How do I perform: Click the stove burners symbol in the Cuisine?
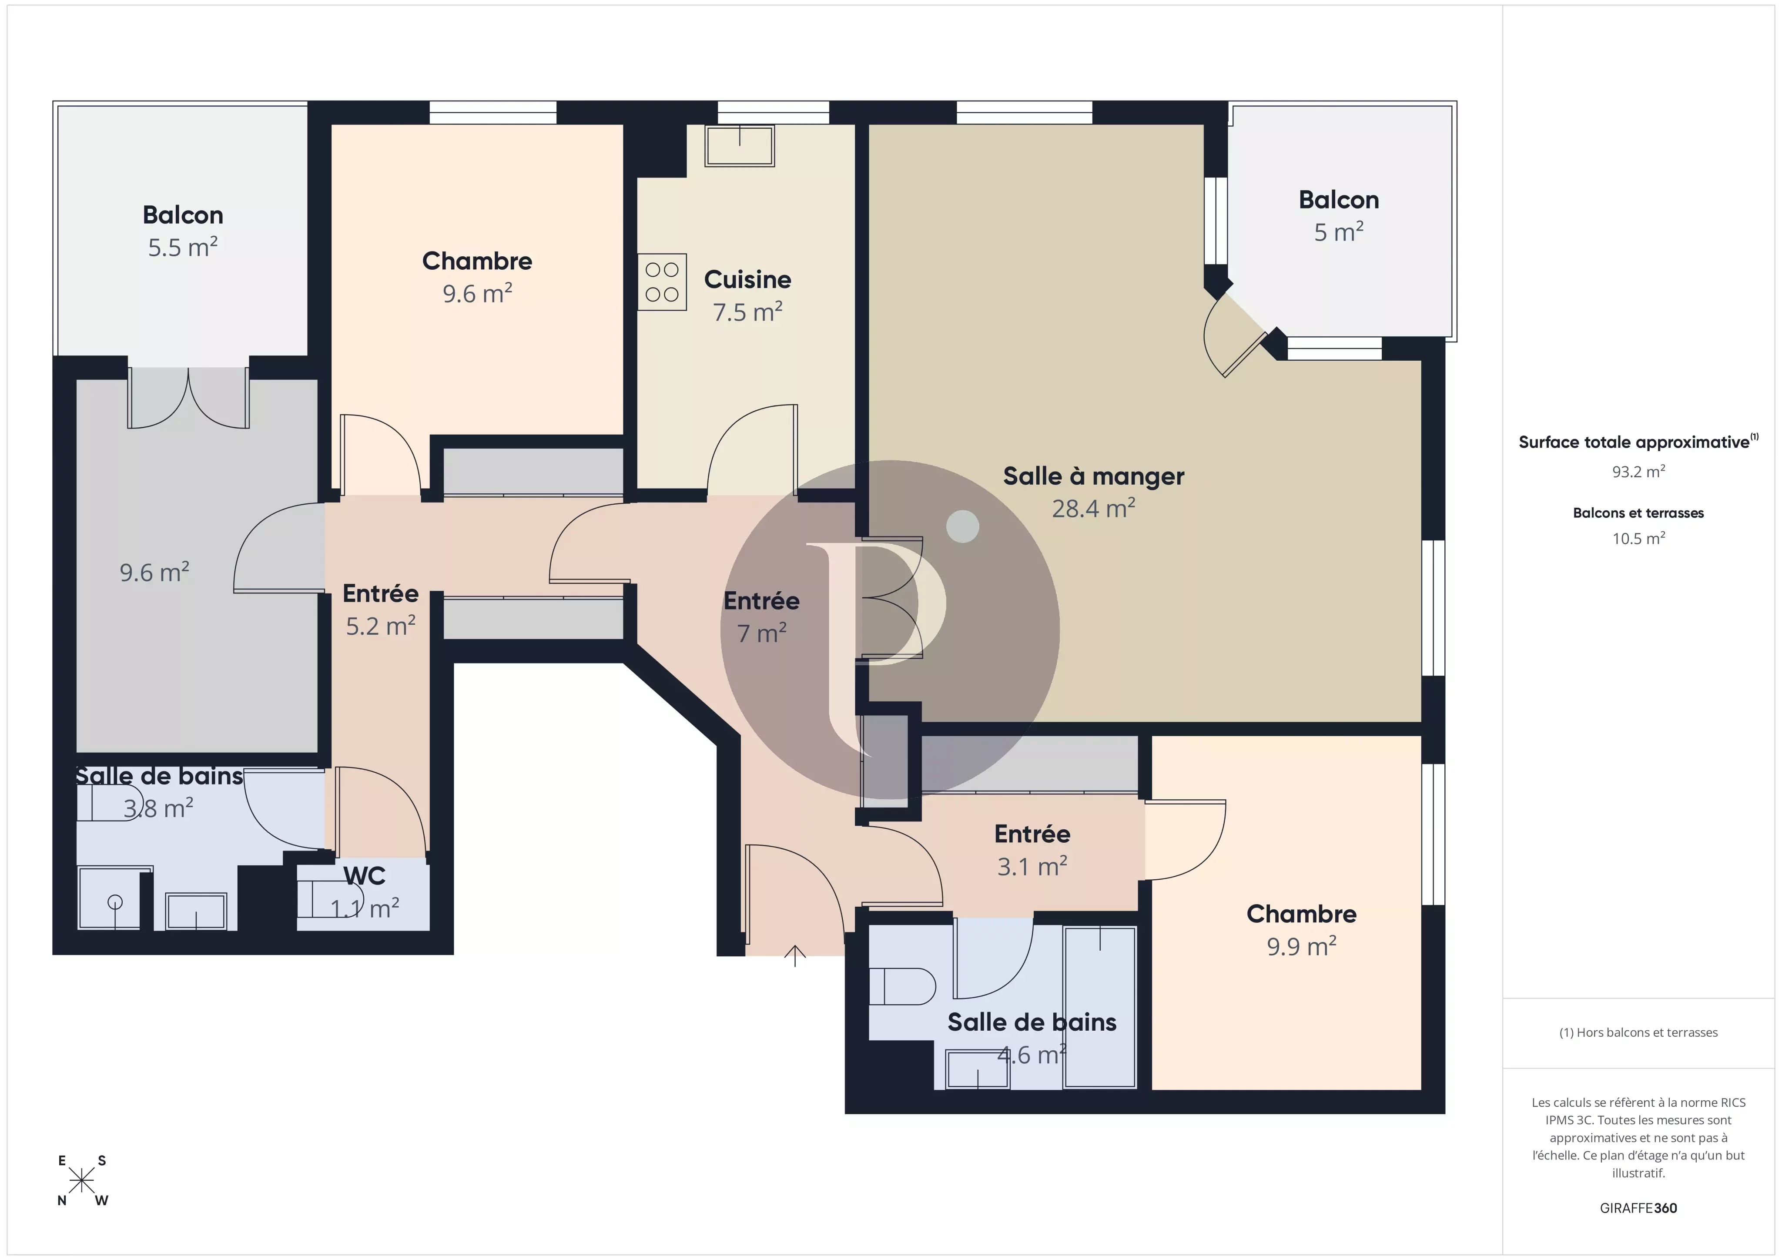(662, 282)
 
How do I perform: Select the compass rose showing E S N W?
(81, 1181)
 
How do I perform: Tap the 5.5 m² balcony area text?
(182, 248)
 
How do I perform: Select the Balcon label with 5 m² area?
(1338, 200)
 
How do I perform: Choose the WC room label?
(364, 876)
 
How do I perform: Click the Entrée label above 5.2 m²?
(380, 594)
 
